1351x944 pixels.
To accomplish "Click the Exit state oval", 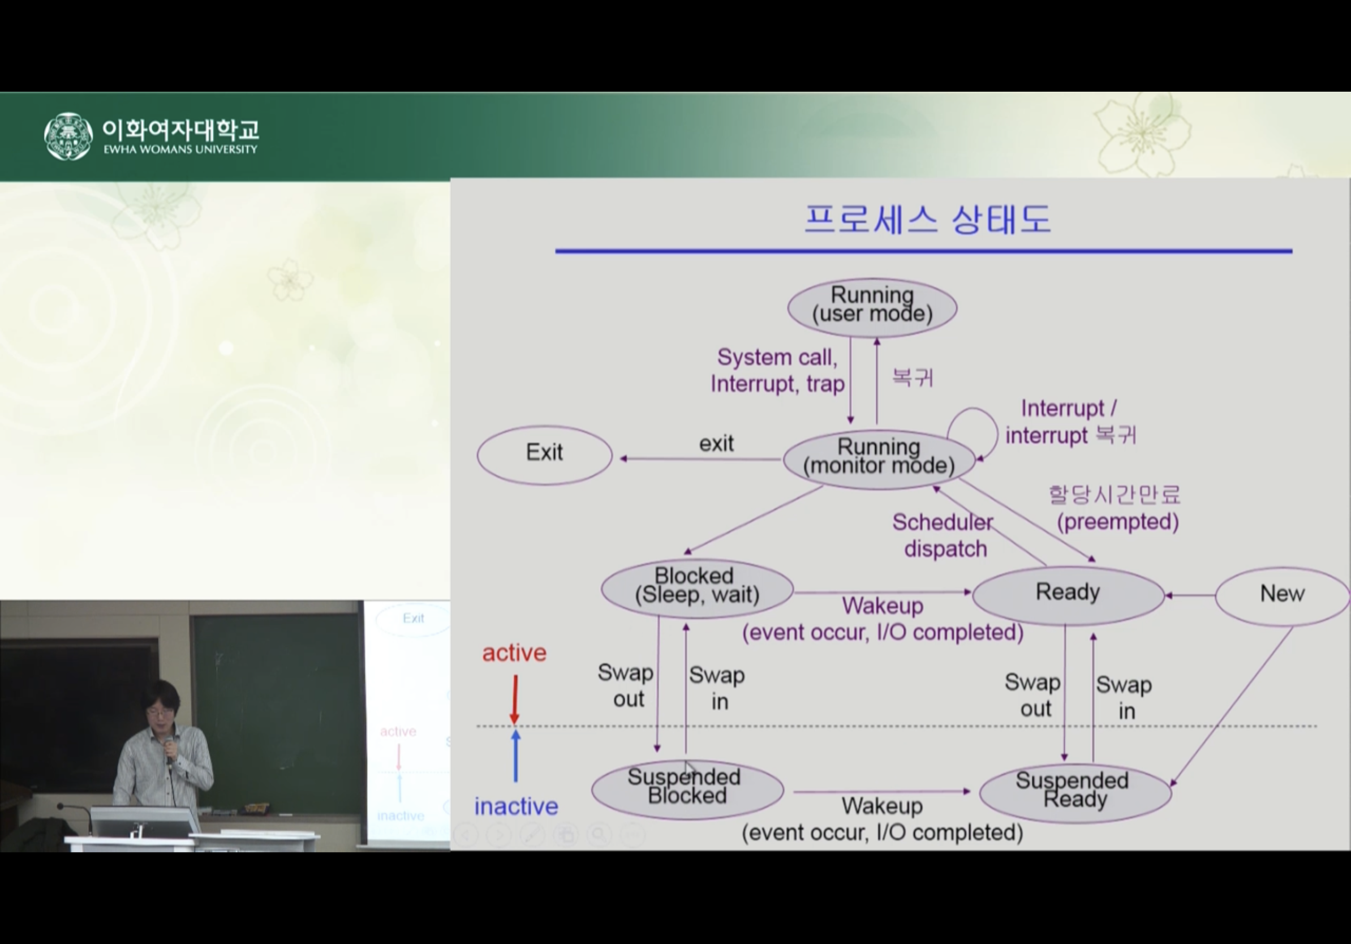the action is tap(544, 455).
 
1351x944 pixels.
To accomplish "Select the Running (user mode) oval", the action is tap(872, 308).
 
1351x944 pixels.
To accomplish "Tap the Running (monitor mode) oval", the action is tap(879, 460).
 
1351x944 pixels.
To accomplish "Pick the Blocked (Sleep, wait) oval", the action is tap(696, 589).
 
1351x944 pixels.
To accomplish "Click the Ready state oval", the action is tap(1068, 595).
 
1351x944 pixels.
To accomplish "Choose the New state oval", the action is tap(1282, 595).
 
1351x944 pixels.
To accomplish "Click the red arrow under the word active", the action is tap(515, 699).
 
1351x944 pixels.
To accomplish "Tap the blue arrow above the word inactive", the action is tap(515, 756).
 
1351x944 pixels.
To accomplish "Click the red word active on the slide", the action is tap(514, 653).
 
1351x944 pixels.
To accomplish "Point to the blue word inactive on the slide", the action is tap(516, 806).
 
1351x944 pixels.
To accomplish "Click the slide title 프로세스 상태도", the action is tap(927, 220).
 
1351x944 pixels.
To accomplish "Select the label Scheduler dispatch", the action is tap(943, 535).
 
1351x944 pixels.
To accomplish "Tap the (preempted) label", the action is tap(1117, 521).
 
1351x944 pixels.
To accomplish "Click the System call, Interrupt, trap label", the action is tap(777, 370).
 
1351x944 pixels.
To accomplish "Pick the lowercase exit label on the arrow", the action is tap(716, 443).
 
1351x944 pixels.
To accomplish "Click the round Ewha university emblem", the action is tap(69, 136).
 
